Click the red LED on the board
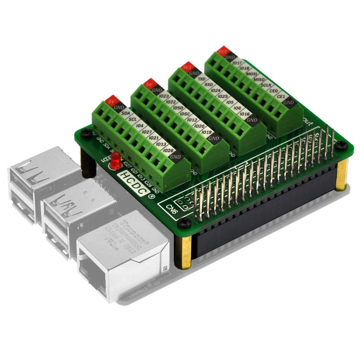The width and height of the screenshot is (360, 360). pyautogui.click(x=116, y=161)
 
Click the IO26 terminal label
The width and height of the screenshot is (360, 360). pyautogui.click(x=168, y=150)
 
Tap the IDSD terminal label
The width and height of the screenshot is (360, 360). pyautogui.click(x=178, y=108)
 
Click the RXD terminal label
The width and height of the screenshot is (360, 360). pyautogui.click(x=209, y=85)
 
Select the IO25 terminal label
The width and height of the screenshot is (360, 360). pyautogui.click(x=222, y=96)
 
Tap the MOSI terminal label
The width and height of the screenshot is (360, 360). pyautogui.click(x=251, y=74)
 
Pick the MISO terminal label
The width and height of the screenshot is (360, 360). pyautogui.click(x=258, y=79)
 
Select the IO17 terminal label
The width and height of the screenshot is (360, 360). pyautogui.click(x=237, y=63)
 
